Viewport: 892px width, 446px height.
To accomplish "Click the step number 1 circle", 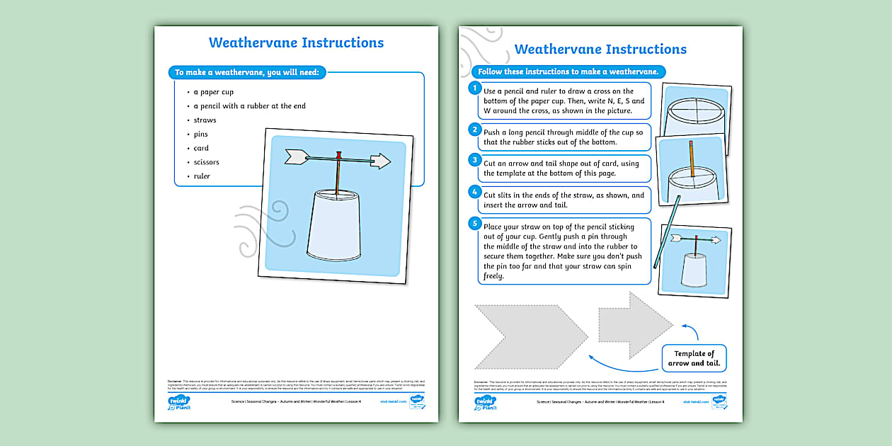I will pos(475,88).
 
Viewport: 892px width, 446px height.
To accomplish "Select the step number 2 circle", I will pos(475,129).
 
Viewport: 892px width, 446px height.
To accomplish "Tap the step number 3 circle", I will pos(475,160).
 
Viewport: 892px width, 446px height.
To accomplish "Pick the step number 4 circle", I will pos(475,192).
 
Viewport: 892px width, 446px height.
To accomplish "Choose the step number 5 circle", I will pos(475,224).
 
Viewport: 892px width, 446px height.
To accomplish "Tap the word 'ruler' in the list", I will pos(202,176).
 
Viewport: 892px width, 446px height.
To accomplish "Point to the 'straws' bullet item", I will pos(205,120).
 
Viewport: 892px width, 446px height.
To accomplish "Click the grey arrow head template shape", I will pos(634,324).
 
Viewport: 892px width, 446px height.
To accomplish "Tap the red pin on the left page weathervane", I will pos(339,154).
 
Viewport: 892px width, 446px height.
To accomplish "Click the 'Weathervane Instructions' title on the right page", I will pos(600,49).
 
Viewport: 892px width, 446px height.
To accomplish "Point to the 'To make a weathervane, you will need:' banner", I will pos(246,72).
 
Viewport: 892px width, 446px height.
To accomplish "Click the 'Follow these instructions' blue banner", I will pos(568,72).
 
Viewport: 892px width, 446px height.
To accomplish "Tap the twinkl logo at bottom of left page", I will pos(178,403).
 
